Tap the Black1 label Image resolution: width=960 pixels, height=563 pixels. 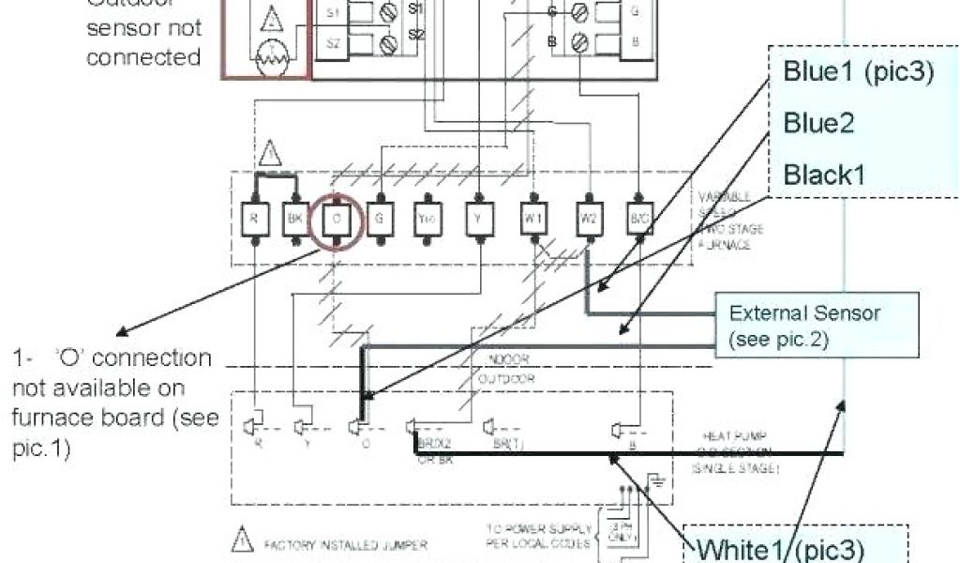pos(826,174)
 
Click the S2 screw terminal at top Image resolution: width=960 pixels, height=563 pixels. pos(385,43)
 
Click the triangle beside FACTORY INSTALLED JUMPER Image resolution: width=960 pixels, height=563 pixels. pos(242,542)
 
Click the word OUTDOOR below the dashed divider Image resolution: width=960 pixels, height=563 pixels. pos(506,379)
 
